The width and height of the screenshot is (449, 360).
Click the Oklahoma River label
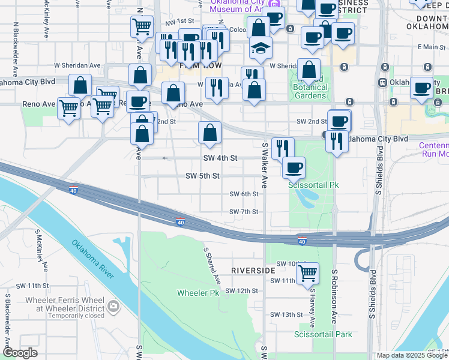pyautogui.click(x=93, y=259)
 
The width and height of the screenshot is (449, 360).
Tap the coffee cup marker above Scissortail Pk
pyautogui.click(x=294, y=168)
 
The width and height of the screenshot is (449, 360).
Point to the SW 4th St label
pyautogui.click(x=220, y=158)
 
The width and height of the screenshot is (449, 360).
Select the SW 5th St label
pyautogui.click(x=202, y=176)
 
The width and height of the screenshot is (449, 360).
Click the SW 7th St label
pyautogui.click(x=244, y=212)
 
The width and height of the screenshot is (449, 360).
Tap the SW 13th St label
pyautogui.click(x=286, y=314)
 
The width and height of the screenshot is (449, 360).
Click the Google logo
pyautogui.click(x=19, y=353)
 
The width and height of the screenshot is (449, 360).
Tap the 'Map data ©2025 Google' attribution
pyautogui.click(x=412, y=355)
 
